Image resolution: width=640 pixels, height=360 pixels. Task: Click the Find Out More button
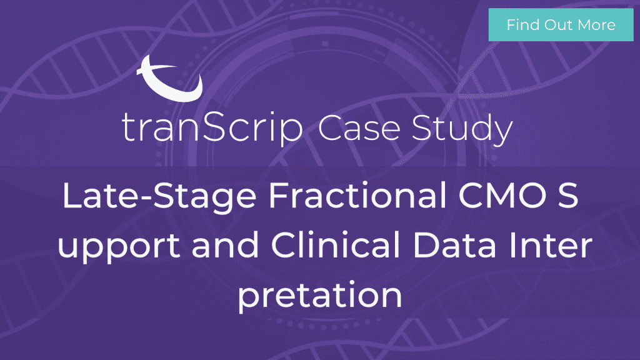click(x=561, y=25)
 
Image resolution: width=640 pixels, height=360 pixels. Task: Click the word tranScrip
click(x=212, y=127)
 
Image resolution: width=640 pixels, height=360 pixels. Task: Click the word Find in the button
click(x=522, y=25)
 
